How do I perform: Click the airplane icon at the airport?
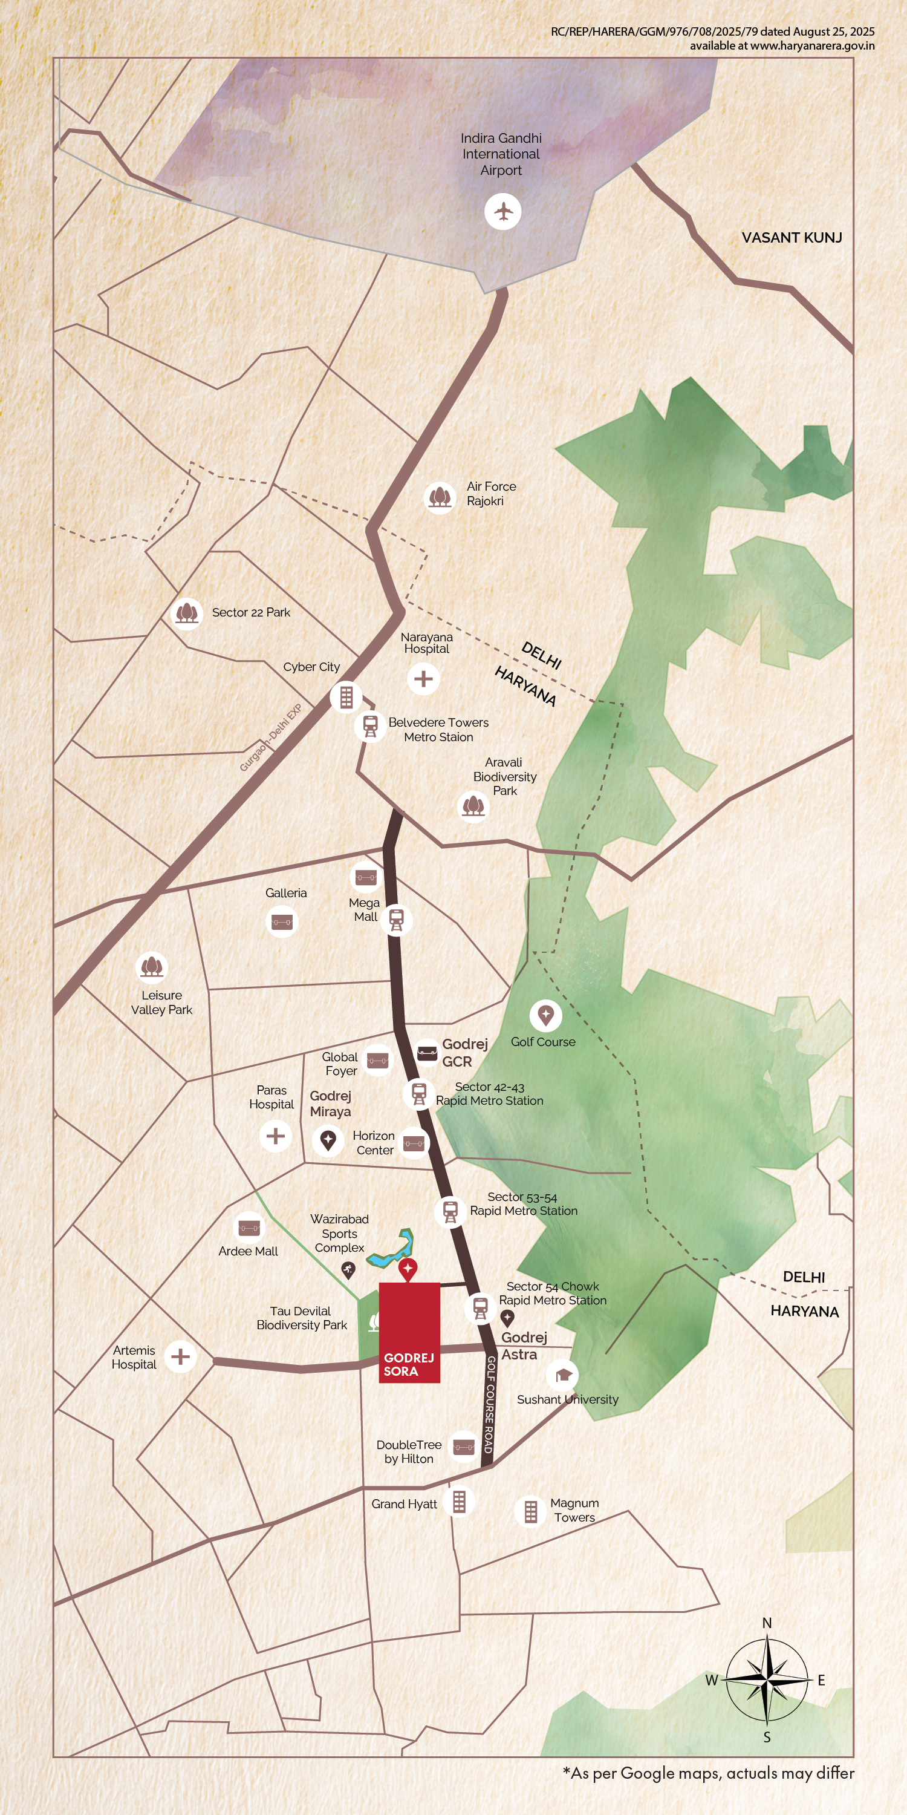click(503, 211)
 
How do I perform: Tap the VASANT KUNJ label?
click(792, 237)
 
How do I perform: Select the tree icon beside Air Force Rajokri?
click(440, 497)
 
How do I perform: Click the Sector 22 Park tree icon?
click(187, 612)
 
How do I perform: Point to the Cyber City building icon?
click(346, 697)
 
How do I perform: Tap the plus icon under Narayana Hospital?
click(423, 679)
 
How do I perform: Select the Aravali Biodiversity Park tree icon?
click(472, 805)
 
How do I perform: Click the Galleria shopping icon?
click(282, 921)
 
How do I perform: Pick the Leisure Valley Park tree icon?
click(151, 967)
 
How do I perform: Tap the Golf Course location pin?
click(546, 1015)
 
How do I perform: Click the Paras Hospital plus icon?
click(275, 1136)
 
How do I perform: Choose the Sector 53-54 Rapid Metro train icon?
click(450, 1211)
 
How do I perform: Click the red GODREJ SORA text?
click(408, 1364)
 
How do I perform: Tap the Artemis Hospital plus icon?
click(180, 1356)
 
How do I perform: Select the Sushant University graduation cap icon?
click(563, 1375)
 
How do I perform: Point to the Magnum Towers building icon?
click(531, 1511)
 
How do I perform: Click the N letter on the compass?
click(767, 1623)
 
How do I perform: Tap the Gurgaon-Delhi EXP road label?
click(270, 737)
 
